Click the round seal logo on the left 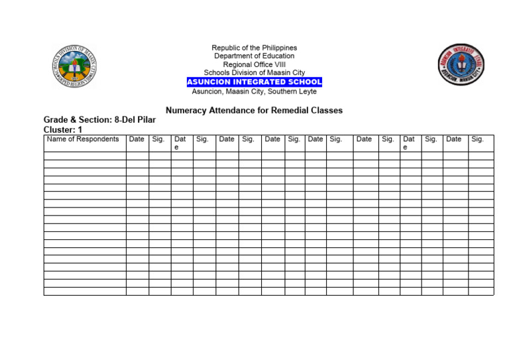[74, 67]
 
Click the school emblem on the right [461, 65]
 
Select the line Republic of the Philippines [254, 48]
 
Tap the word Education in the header [278, 56]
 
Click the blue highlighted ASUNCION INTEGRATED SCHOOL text [254, 82]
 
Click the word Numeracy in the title [186, 111]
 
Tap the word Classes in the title [327, 111]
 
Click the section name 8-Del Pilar [135, 120]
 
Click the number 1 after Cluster [80, 130]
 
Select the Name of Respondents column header [83, 139]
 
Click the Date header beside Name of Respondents [137, 139]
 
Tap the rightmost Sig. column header [477, 139]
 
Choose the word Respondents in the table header [98, 139]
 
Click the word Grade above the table [56, 120]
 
